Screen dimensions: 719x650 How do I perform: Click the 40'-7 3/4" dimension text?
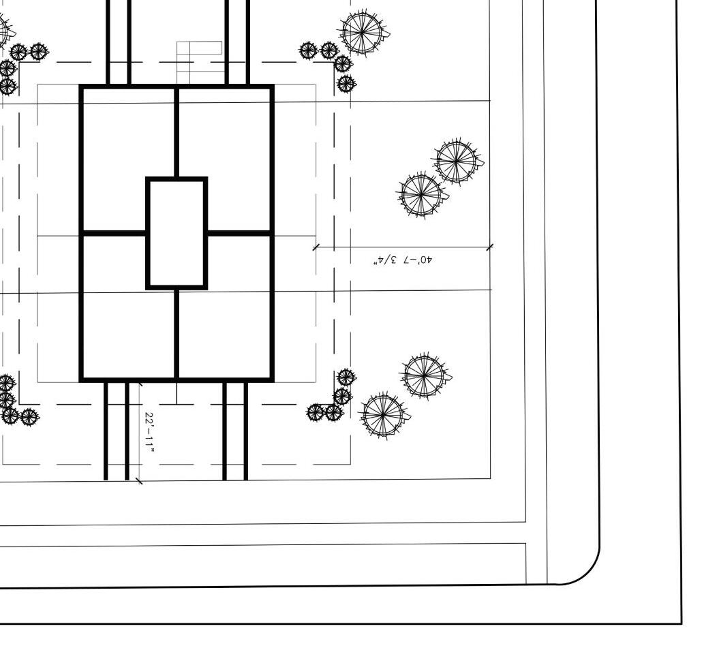coord(403,260)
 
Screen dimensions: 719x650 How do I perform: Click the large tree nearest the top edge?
coord(363,32)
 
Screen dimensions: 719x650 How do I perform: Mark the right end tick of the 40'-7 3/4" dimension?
coord(490,247)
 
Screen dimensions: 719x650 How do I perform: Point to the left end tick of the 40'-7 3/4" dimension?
coord(315,247)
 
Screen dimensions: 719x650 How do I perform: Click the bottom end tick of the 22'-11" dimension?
coord(140,482)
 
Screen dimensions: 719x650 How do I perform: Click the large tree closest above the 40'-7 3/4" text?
coord(420,194)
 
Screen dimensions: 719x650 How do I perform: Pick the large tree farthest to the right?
coord(456,161)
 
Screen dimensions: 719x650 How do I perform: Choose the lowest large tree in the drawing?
coord(383,414)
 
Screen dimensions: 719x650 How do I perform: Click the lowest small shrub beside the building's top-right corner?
coord(347,84)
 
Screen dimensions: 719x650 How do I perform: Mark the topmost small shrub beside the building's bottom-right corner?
coord(346,377)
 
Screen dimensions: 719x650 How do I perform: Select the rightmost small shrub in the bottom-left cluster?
coord(29,416)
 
